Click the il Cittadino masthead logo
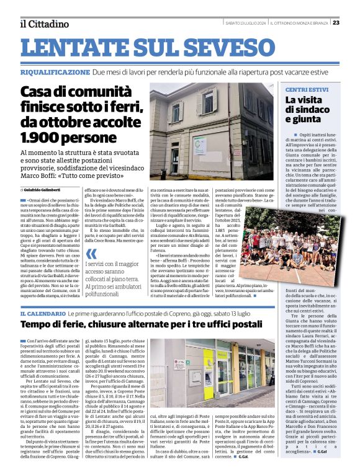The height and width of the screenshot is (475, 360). [43, 24]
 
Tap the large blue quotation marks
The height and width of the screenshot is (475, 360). [91, 254]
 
